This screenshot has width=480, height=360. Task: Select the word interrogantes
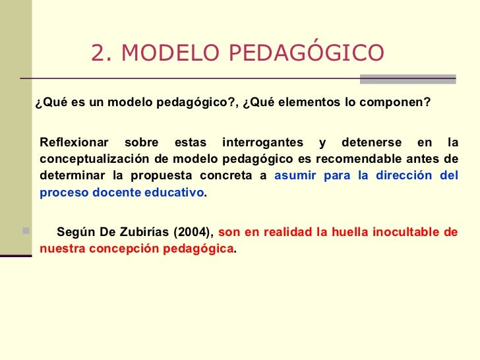pyautogui.click(x=263, y=142)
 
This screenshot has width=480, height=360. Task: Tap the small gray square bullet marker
pyautogui.click(x=26, y=231)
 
